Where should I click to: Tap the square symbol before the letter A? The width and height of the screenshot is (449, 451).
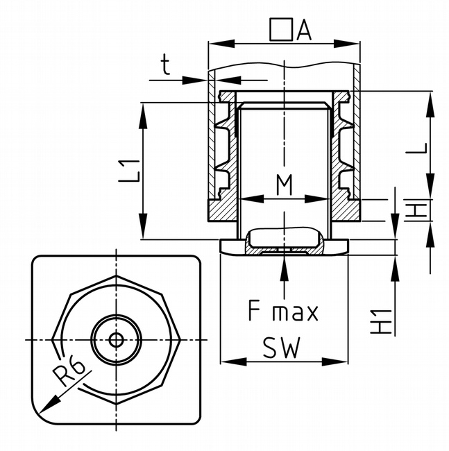(x=280, y=29)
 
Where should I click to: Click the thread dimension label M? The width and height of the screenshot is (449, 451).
(x=284, y=185)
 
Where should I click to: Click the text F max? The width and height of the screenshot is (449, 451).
(x=283, y=312)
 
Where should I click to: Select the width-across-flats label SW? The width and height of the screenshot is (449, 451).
(x=282, y=348)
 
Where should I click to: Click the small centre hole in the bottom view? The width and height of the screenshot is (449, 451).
(x=117, y=339)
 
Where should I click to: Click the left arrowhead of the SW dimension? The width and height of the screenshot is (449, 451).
(x=225, y=361)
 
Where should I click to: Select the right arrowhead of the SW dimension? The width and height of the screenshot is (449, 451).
(x=343, y=361)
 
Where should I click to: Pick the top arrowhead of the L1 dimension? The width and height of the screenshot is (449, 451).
(x=144, y=108)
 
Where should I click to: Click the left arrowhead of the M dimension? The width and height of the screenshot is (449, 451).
(x=244, y=198)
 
